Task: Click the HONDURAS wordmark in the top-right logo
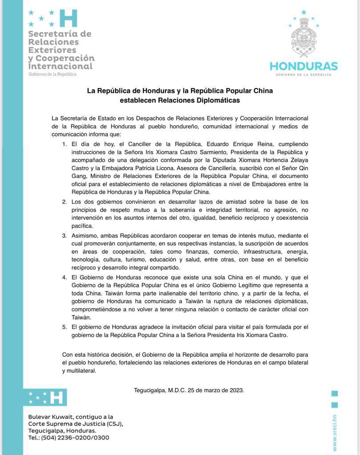pyautogui.click(x=304, y=66)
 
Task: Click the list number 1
pyautogui.click(x=64, y=144)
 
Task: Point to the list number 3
pyautogui.click(x=64, y=235)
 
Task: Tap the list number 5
pyautogui.click(x=64, y=327)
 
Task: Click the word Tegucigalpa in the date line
pyautogui.click(x=150, y=391)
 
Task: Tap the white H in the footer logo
pyautogui.click(x=57, y=397)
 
